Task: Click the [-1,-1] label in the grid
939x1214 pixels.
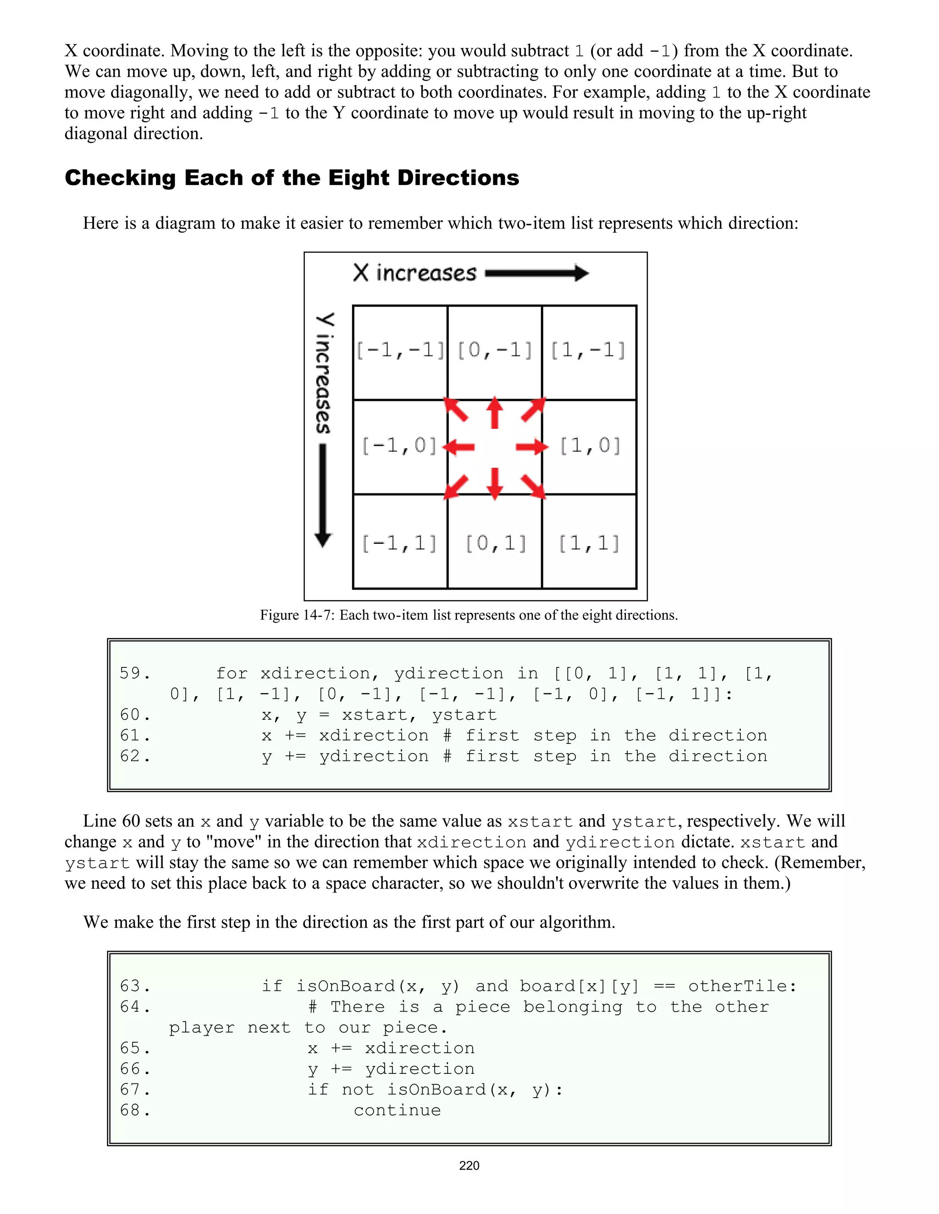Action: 400,350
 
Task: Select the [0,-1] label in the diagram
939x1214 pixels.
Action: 495,350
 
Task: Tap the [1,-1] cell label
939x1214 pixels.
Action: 589,350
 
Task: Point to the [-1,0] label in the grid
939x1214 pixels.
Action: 400,446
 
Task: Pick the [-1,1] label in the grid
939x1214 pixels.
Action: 400,543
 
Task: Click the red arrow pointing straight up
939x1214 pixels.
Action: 495,412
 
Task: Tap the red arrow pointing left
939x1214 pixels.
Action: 459,446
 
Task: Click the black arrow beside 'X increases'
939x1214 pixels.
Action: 536,273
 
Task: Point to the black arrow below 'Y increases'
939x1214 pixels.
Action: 323,495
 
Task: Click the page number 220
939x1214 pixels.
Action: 469,1165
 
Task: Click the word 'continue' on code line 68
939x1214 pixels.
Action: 397,1110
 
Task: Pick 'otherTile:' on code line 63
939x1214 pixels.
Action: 743,986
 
